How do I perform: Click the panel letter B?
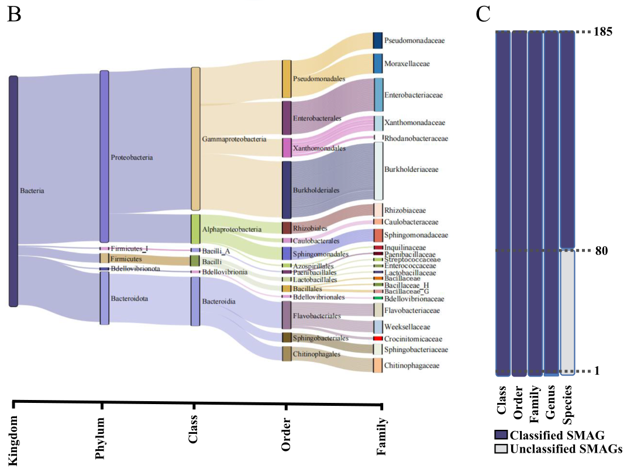[x=13, y=13]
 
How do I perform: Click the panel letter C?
[x=483, y=13]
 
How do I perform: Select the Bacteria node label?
[x=32, y=191]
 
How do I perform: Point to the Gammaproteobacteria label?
[x=234, y=140]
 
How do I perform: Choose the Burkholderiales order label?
[x=316, y=191]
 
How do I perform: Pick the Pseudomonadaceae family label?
[x=415, y=41]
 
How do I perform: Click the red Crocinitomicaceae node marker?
[x=378, y=339]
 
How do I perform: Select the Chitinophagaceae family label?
[x=414, y=365]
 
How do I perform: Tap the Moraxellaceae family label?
[x=406, y=64]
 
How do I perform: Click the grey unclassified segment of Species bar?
[x=567, y=310]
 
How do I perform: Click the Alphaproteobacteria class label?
[x=232, y=230]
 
